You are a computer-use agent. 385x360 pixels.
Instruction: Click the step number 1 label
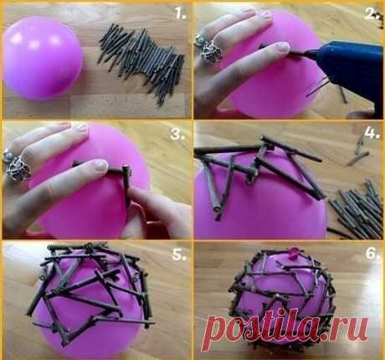tap(181, 13)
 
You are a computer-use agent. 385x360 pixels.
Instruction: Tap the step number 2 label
tap(372, 13)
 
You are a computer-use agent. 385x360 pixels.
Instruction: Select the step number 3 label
tap(177, 134)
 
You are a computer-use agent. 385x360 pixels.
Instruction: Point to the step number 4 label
tap(372, 133)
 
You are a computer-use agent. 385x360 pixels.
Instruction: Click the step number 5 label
tap(179, 255)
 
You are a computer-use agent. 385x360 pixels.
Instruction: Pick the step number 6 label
tap(372, 254)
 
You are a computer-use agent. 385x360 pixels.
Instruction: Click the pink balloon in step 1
tap(42, 58)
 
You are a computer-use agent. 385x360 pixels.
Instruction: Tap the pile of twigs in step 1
tap(141, 63)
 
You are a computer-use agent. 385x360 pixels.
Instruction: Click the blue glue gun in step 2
tap(346, 70)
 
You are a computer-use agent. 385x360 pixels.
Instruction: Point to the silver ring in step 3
tap(17, 166)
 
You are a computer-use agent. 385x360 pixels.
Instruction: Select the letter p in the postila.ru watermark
tap(218, 331)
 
